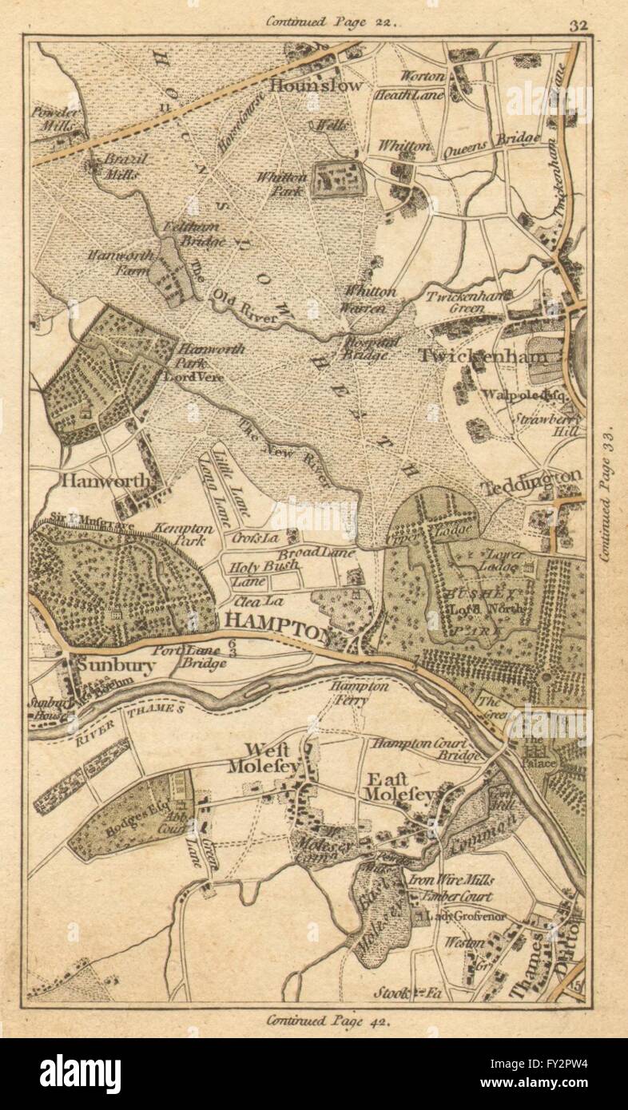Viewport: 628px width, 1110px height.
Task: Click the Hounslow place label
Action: pyautogui.click(x=316, y=85)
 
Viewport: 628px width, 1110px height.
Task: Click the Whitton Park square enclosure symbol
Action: pyautogui.click(x=337, y=180)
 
